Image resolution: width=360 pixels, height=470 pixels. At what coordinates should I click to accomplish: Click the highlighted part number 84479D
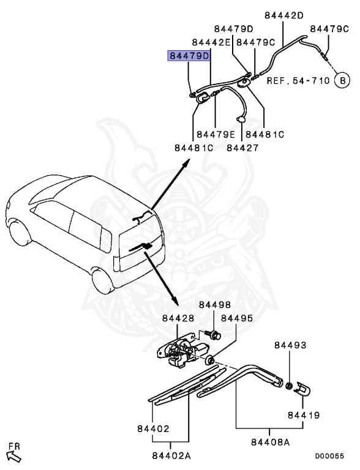point(189,56)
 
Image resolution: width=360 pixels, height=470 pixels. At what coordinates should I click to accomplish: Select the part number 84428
point(178,318)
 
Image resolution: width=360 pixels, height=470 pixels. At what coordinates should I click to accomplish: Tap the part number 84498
point(214,305)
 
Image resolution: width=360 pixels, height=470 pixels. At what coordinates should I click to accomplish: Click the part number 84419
point(304,416)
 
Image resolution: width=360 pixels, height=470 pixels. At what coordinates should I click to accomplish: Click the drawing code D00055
point(329,455)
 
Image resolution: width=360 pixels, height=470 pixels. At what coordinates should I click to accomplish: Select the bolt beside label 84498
point(214,334)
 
